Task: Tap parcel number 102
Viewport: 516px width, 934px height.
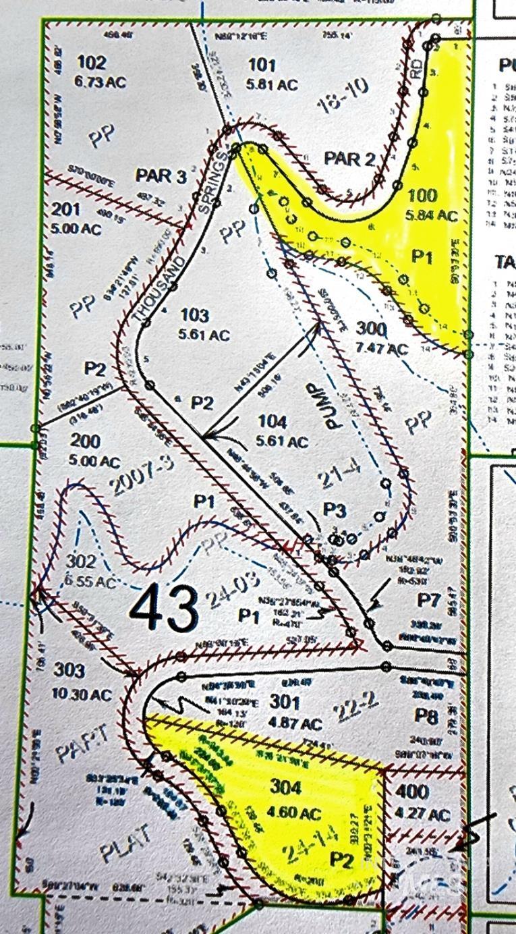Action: [92, 63]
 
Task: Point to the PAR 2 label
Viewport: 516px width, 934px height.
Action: [349, 160]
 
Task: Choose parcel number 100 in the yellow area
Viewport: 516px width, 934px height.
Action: [423, 196]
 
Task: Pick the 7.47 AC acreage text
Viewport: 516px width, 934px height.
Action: [383, 349]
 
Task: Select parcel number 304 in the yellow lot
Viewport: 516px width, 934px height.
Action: [287, 786]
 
